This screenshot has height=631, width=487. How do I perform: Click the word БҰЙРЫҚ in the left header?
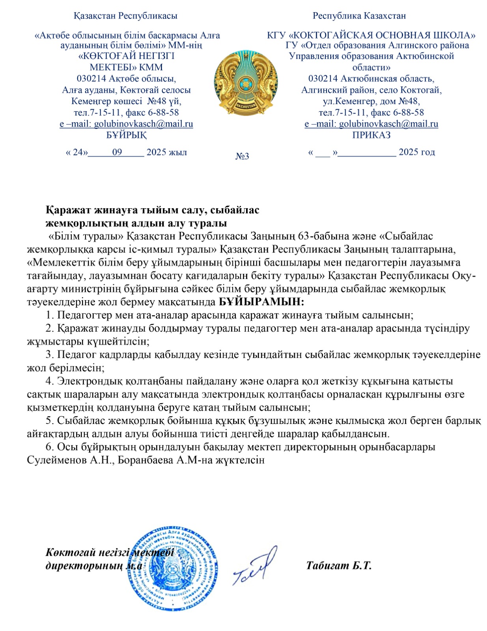coord(126,135)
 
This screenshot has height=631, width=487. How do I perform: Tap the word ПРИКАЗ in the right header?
coord(371,135)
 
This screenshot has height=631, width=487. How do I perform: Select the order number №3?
coord(242,156)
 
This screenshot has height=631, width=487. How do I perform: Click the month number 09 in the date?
coord(117,152)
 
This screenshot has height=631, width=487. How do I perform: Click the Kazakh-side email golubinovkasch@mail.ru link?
coord(143,124)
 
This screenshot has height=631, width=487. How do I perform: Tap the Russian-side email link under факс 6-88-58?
coord(388,124)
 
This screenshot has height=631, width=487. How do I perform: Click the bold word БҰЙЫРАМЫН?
coord(261,302)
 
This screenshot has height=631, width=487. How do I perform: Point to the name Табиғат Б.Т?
coord(339,566)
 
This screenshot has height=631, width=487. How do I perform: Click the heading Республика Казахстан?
coord(359,16)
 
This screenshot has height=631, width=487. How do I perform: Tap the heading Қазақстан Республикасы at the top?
coord(125,16)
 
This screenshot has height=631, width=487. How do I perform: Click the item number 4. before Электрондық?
coord(50,381)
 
